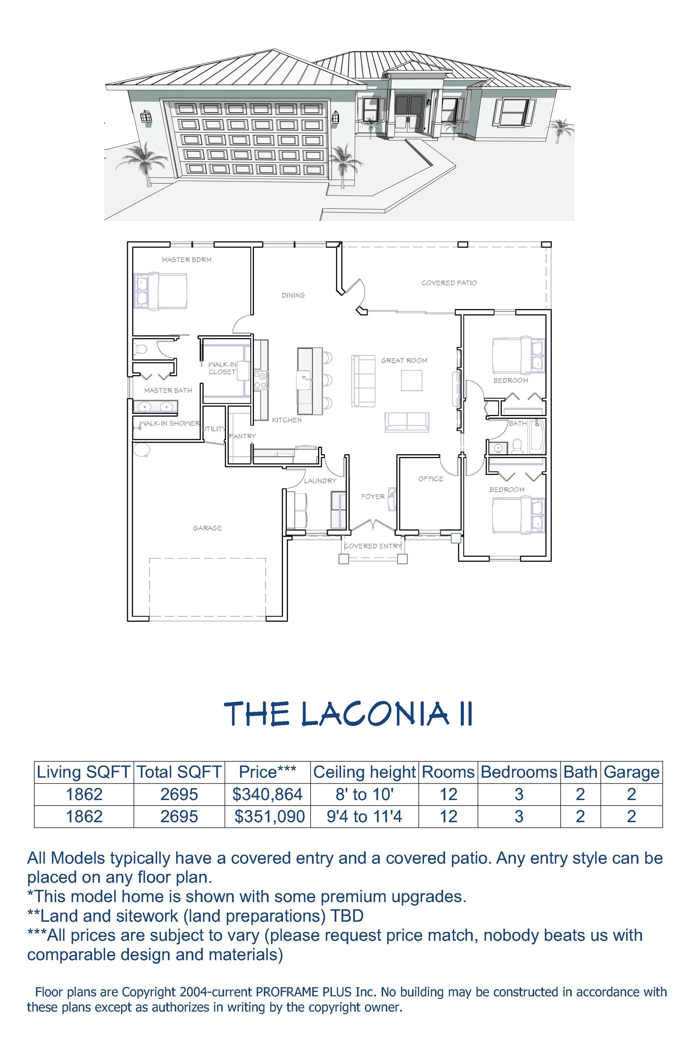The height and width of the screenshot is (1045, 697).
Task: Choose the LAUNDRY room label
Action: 320,480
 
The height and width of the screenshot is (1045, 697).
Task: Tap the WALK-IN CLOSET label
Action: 222,368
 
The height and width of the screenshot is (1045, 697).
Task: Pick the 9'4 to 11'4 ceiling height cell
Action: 364,816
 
